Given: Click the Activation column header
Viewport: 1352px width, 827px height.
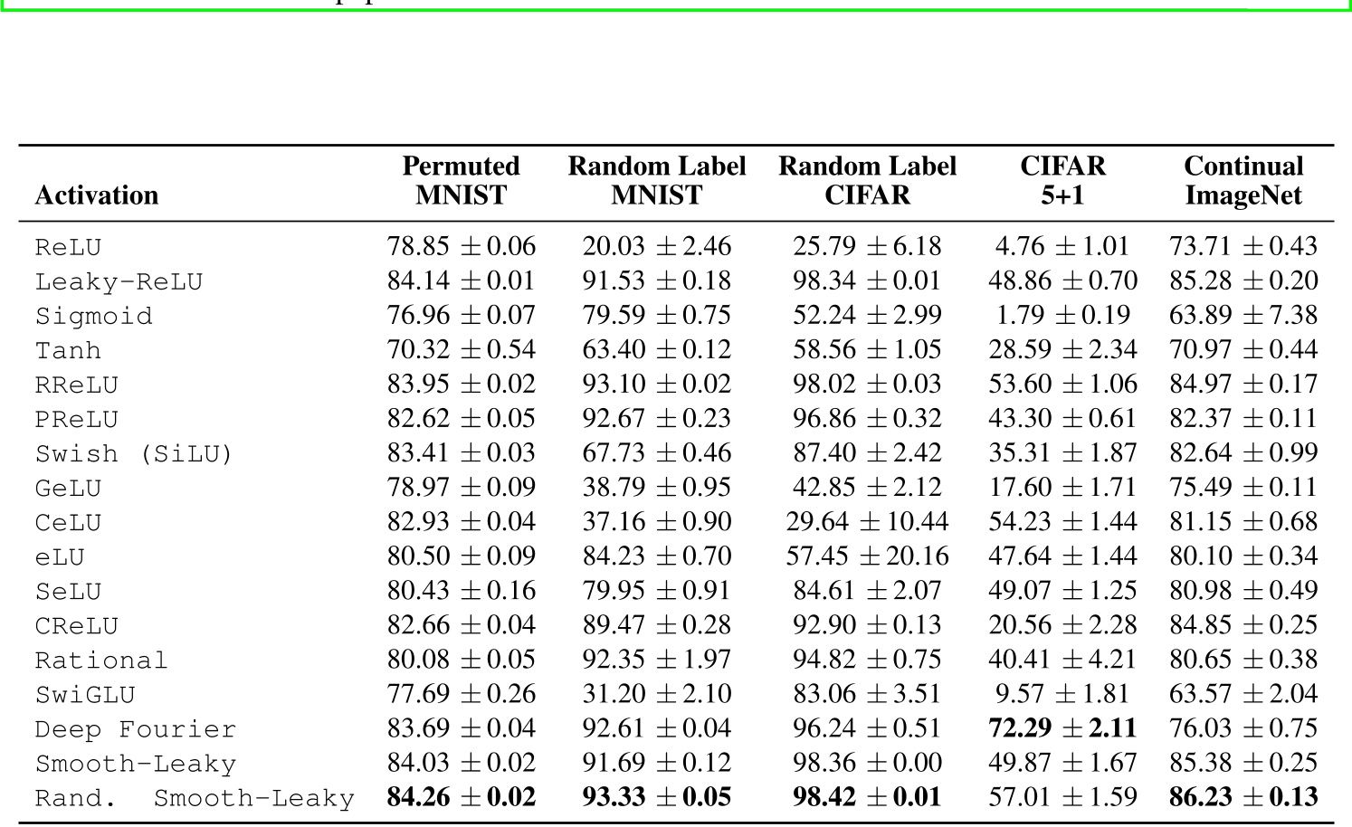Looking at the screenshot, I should click(96, 195).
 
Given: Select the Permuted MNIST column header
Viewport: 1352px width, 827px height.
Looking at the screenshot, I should click(461, 181).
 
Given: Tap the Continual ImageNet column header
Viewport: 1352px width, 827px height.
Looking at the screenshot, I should click(1243, 181).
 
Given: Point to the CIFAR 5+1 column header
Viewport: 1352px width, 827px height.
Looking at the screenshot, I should click(1062, 181).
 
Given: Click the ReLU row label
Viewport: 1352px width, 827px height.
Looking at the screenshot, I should click(68, 247).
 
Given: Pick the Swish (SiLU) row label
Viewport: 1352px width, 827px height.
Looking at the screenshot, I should click(134, 453).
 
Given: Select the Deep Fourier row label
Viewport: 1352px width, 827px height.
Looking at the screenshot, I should click(136, 729).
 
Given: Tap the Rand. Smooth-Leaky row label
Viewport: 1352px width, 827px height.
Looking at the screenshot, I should click(195, 798).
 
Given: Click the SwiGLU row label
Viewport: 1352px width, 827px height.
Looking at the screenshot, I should click(85, 695).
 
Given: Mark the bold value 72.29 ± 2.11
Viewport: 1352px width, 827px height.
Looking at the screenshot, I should click(1062, 728).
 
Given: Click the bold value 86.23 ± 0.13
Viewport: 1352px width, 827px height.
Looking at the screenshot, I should click(1243, 797).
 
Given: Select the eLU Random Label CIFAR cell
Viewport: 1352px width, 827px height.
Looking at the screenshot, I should click(867, 556).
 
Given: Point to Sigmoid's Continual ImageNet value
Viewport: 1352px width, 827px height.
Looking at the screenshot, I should click(1243, 316).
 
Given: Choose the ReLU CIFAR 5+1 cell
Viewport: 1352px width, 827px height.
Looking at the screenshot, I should click(1062, 247).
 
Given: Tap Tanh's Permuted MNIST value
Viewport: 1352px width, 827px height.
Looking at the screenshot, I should click(461, 350).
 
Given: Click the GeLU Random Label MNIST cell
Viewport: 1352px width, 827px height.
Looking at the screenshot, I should click(656, 488).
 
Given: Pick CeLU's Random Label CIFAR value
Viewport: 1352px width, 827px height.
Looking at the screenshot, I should click(867, 522).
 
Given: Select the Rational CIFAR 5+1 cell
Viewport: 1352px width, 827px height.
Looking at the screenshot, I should click(1062, 660).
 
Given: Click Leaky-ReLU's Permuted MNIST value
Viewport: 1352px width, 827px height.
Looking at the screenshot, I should click(461, 281).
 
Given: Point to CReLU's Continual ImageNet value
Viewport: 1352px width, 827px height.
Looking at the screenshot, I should click(1243, 625).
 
